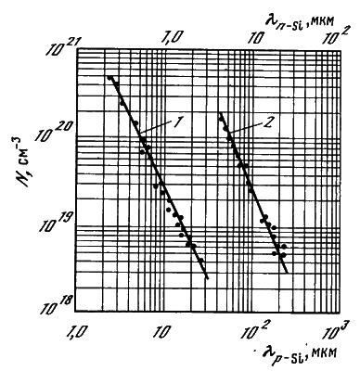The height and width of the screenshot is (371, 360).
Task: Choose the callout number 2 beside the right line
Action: tap(268, 122)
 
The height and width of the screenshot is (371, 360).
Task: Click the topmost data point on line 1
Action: tap(109, 78)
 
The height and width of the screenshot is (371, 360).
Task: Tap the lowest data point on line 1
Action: tap(201, 261)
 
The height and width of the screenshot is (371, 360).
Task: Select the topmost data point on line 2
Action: tap(221, 119)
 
